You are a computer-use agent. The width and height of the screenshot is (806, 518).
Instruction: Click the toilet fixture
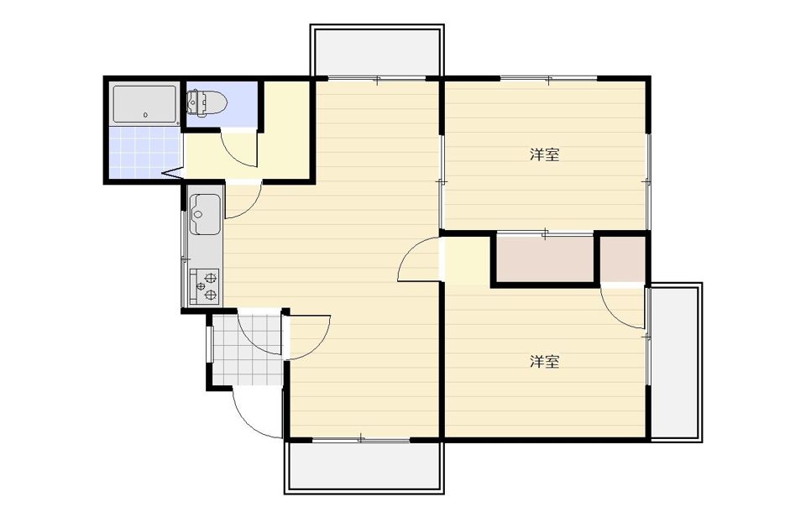(x=207, y=102)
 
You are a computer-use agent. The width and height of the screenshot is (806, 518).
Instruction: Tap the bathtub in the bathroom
(x=145, y=104)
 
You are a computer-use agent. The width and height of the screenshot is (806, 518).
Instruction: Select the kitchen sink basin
(x=206, y=214)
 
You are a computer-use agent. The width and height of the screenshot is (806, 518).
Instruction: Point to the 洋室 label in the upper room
(x=544, y=154)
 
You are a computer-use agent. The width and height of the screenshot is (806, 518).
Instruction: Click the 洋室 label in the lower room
(x=544, y=362)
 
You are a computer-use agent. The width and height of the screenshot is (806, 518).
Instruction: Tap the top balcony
(x=377, y=51)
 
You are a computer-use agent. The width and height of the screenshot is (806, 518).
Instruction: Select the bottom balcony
(x=364, y=467)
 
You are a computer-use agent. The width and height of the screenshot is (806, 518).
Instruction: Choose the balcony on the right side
(x=675, y=362)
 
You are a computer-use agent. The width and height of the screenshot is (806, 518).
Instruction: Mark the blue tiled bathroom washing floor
(x=145, y=152)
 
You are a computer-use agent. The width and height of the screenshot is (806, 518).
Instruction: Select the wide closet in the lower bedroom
(x=545, y=259)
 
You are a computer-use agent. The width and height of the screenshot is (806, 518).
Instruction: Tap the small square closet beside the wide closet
(x=622, y=259)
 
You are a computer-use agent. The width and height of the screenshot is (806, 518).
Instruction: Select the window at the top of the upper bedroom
(x=549, y=79)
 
